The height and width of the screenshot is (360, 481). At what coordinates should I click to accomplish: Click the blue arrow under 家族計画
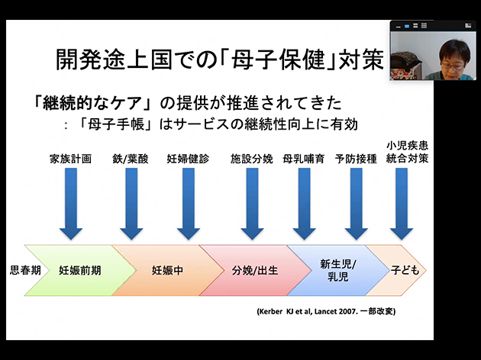click(71, 202)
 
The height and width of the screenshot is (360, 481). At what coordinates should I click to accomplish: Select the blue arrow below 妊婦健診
click(188, 202)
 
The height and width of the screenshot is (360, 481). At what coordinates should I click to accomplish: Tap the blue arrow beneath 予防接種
click(356, 202)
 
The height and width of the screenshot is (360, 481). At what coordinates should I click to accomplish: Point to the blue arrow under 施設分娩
click(251, 202)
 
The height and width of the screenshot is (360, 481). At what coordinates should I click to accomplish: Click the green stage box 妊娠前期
click(79, 270)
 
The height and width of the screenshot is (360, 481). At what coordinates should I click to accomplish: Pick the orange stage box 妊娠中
click(166, 270)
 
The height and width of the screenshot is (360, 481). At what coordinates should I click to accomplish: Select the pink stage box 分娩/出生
click(252, 270)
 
